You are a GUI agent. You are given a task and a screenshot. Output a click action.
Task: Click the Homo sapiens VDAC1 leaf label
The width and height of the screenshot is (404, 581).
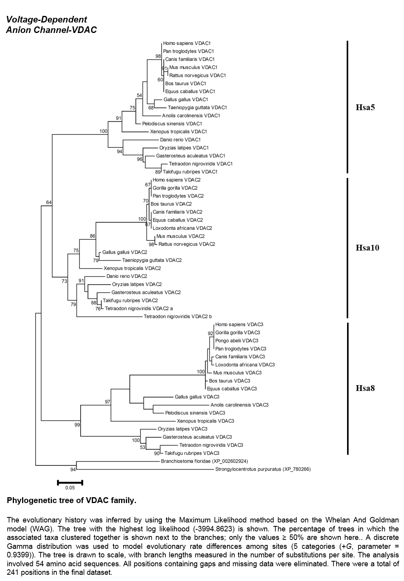187,43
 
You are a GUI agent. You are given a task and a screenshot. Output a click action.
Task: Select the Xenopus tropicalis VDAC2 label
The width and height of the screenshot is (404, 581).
132,268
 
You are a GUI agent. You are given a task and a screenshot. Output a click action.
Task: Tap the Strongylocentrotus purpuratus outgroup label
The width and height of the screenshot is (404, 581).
263,469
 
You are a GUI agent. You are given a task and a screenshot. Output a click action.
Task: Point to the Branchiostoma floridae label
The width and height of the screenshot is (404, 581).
205,461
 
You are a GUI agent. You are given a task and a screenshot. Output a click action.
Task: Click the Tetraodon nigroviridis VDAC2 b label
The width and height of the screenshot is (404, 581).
178,316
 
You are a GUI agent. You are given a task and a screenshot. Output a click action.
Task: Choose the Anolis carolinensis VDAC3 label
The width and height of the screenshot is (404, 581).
239,405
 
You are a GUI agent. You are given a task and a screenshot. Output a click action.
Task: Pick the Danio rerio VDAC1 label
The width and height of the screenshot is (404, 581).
180,140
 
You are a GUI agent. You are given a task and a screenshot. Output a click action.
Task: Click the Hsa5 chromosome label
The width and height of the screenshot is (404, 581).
365,107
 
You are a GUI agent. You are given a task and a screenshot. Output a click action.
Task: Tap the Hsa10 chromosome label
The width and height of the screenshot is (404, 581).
367,248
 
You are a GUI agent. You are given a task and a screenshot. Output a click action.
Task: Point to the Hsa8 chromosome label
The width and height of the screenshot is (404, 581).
365,388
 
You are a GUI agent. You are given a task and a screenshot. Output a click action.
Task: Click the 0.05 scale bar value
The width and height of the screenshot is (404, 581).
70,488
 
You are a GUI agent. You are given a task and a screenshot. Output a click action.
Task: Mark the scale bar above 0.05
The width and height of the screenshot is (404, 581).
70,482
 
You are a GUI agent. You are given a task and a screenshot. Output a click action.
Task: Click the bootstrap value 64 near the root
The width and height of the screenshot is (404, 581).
49,202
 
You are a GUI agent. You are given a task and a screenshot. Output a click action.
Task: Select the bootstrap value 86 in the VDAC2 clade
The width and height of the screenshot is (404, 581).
93,236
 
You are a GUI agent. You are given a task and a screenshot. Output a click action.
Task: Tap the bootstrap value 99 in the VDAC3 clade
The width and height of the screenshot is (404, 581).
77,425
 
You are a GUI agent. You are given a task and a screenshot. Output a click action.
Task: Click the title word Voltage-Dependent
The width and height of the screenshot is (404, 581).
46,19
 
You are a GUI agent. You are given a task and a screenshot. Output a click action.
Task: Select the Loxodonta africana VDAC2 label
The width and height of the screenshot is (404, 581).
182,228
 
